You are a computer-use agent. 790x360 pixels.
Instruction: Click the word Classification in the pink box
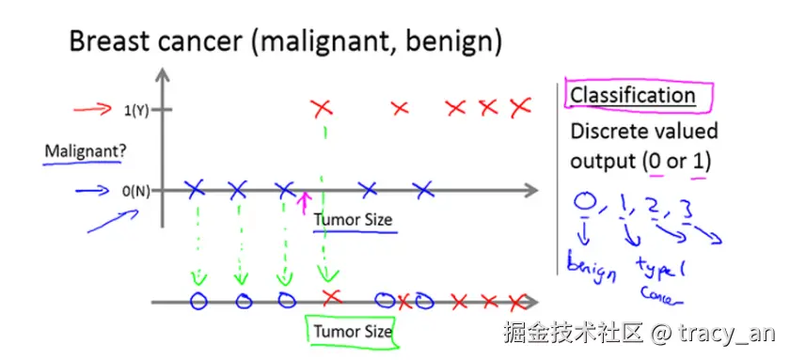coord(632,95)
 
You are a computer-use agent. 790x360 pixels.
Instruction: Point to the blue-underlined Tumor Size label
coord(352,220)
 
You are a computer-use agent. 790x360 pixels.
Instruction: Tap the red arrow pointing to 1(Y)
coord(91,111)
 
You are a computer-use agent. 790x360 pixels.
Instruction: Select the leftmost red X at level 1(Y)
coord(323,109)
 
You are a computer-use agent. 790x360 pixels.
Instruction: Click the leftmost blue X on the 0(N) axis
coord(195,189)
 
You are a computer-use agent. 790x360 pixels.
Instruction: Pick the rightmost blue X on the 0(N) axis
coord(424,189)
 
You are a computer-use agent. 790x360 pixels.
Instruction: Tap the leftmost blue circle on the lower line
coord(197,302)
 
